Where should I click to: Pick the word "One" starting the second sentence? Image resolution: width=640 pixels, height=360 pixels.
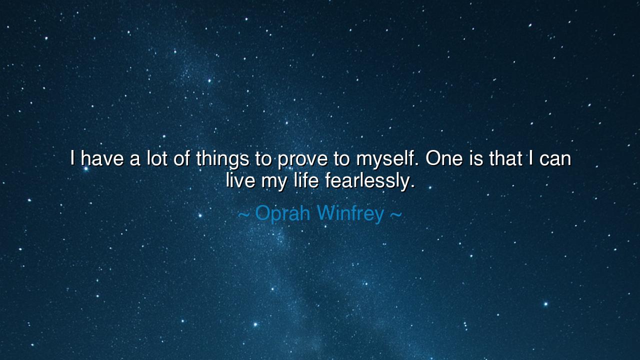coord(441,159)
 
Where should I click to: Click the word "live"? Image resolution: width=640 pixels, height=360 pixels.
coord(240,180)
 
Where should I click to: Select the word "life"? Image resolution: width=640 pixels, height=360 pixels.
coord(306,180)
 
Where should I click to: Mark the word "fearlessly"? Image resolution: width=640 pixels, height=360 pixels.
coord(367,181)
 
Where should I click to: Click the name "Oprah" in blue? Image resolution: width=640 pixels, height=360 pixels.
coord(283,214)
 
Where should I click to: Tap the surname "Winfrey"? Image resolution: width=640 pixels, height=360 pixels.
coord(350,214)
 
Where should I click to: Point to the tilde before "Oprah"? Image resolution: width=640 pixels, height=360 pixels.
coord(243,215)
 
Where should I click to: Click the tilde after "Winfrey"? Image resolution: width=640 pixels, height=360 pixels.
coord(395,215)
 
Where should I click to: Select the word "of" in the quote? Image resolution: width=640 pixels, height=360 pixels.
coord(182,159)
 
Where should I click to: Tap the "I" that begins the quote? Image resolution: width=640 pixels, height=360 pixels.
coord(72,159)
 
